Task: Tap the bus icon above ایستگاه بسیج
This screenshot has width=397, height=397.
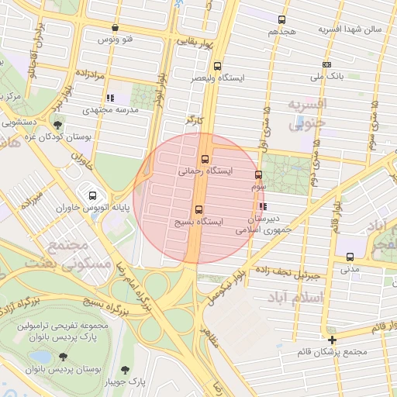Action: pos(199,209)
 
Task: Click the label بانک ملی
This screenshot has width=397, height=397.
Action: pos(326,77)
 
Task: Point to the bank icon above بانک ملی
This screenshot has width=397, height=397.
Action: pos(326,64)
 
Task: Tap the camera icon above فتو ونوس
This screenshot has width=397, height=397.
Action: pos(115,27)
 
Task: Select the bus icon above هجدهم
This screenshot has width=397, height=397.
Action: pos(282,20)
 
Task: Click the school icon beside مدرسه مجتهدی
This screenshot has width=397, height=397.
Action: pos(110,98)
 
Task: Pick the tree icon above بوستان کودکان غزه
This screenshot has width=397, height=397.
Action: pos(59,124)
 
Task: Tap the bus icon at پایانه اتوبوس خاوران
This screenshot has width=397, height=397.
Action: pos(94,196)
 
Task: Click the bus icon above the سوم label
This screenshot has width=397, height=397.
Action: pos(258,175)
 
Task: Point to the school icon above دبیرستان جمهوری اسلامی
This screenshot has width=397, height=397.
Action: pos(263,207)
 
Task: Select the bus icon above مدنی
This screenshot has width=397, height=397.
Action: pos(350,257)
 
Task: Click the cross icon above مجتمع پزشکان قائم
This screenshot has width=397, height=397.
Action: pos(333,340)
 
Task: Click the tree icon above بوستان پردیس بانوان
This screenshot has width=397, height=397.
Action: pos(63,357)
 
